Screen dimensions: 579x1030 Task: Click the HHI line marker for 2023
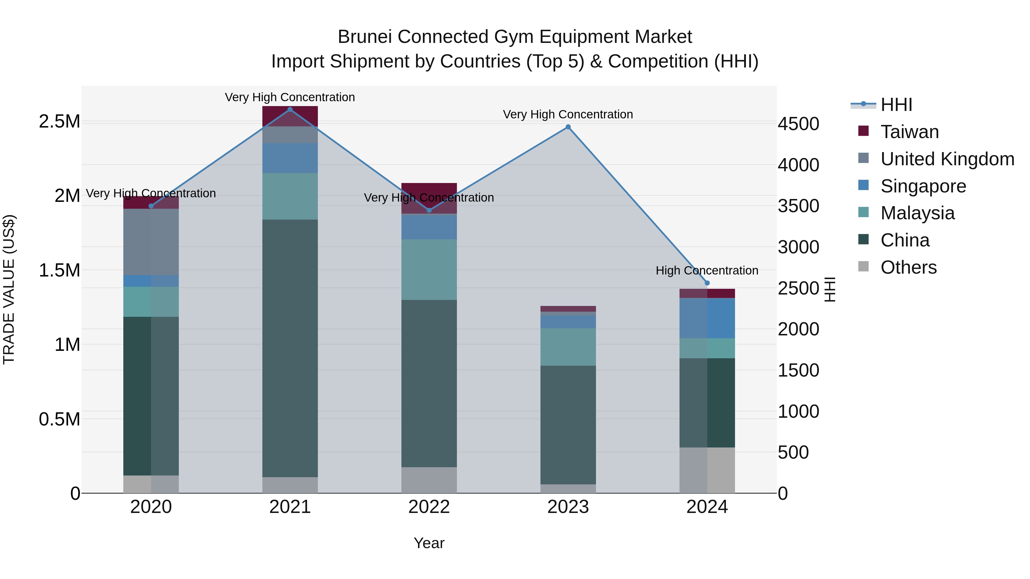(568, 127)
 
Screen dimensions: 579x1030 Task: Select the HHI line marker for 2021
(290, 110)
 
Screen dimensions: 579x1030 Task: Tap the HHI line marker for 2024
(707, 283)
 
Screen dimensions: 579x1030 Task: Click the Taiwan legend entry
(909, 132)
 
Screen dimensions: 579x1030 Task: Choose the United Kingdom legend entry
(947, 159)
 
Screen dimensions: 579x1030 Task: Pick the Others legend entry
(908, 267)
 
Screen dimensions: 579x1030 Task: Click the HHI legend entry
(896, 105)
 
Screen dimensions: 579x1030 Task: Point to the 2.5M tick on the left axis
(59, 122)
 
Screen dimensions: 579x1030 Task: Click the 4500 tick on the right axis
(798, 124)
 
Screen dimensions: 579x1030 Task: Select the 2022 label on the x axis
(429, 507)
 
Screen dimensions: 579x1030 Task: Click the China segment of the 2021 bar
(290, 348)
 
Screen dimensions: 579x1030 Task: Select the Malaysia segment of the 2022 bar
(429, 269)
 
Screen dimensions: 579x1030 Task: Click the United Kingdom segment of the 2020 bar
(151, 242)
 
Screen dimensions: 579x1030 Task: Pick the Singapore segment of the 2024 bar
(707, 318)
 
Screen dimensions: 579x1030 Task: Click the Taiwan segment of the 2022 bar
(429, 188)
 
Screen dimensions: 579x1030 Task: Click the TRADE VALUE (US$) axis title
(9, 289)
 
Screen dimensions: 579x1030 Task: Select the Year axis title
(429, 543)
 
